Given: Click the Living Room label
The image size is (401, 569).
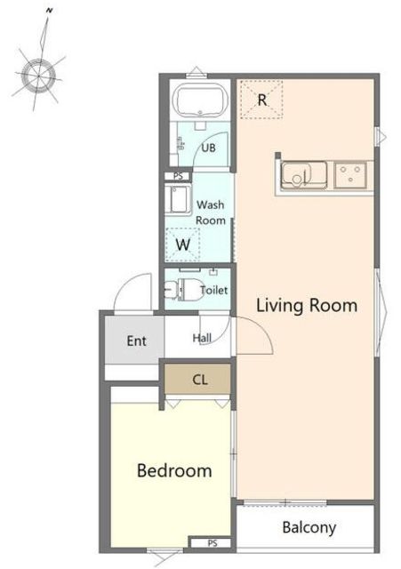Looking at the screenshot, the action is point(307,306).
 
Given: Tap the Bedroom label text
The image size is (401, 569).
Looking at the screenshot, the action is point(174,470).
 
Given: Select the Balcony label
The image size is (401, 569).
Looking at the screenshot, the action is point(309,527).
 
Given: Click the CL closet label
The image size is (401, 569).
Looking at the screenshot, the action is point(200,380).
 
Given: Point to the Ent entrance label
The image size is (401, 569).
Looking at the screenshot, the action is point(137,341).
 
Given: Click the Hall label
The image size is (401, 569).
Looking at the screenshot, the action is point(202,338).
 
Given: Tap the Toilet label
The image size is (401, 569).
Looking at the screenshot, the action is point(214,290).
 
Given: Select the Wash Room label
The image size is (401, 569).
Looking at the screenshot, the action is point(211,212).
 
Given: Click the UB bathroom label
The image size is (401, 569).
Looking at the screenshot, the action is point(208,148).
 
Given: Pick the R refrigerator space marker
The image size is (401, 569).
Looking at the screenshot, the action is point(262,100).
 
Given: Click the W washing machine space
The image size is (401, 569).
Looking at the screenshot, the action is point(183,244).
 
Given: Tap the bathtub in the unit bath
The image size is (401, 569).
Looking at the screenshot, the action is point(200,100).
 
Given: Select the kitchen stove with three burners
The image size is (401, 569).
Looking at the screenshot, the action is point(350,175).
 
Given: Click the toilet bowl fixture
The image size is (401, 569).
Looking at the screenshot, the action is point(184,290).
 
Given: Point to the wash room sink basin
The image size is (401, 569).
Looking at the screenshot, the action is point(178,199).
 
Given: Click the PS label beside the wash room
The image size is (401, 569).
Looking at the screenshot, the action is point(178,176).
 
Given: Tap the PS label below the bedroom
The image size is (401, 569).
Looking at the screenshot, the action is point(213,543).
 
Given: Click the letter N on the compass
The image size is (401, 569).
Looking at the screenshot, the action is point(49,11).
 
